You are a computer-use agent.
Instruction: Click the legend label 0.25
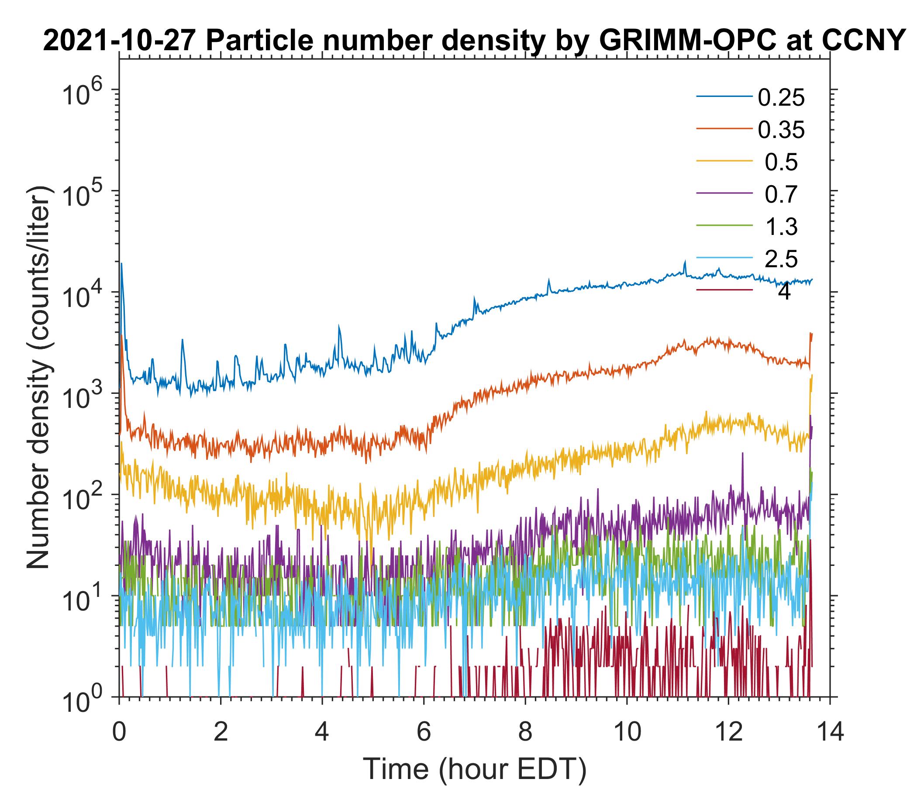pyautogui.click(x=781, y=98)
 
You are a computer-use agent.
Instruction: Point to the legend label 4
pyautogui.click(x=784, y=293)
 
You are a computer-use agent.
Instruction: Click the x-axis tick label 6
pyautogui.click(x=424, y=732)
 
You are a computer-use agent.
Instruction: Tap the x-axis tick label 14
pyautogui.click(x=829, y=732)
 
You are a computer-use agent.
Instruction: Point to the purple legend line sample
pyautogui.click(x=724, y=193)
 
